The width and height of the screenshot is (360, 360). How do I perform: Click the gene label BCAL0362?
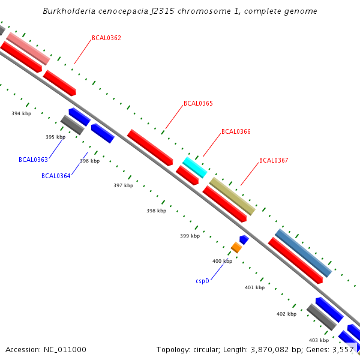tap(106, 38)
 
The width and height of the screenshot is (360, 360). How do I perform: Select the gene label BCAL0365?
tap(198, 103)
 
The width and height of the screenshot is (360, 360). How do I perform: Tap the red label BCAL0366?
tap(236, 131)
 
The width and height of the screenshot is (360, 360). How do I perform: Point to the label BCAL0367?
tap(274, 160)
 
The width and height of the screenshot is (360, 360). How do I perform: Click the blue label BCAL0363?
tap(33, 160)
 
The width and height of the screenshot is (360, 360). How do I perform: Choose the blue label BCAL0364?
tap(56, 176)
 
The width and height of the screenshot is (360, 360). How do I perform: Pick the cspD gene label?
tap(202, 281)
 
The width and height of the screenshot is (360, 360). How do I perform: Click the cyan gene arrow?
tap(194, 167)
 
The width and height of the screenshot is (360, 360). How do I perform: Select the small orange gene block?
tap(236, 247)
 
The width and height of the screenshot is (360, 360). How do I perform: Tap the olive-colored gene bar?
tap(232, 196)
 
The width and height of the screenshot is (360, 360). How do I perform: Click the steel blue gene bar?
tap(303, 253)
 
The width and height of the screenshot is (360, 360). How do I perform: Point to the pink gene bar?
tap(28, 49)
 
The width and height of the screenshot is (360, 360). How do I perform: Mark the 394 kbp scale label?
tap(21, 113)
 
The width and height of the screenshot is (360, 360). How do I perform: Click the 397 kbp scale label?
tap(123, 185)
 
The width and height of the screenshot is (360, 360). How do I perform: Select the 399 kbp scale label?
tap(190, 236)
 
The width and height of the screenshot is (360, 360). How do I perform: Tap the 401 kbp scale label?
tap(254, 287)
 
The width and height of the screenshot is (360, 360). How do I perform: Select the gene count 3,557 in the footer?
tap(341, 349)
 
